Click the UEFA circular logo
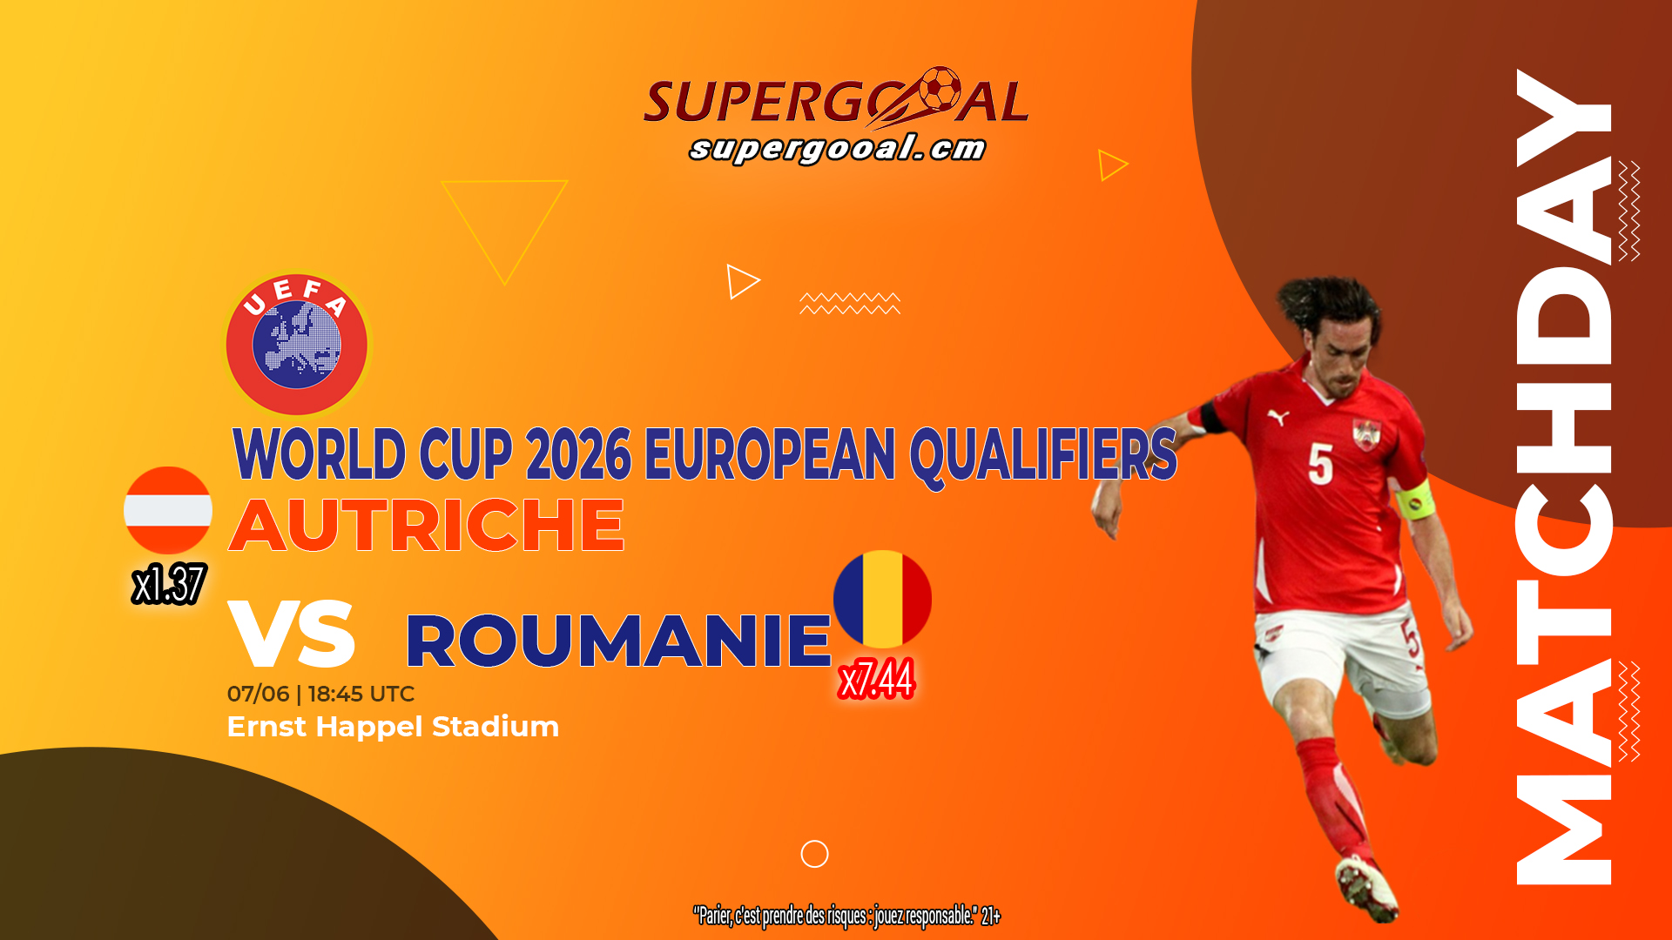tap(297, 345)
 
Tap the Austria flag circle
tap(168, 511)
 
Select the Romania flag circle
tap(882, 599)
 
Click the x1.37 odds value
tap(169, 584)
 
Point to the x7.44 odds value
tap(876, 679)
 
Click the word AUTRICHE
tap(427, 526)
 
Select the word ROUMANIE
tap(618, 641)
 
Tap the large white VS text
tap(292, 634)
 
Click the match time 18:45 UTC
tap(361, 694)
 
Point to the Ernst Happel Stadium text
tap(393, 727)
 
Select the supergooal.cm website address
tap(837, 148)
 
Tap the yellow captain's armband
tap(1415, 499)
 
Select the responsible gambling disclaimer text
tap(846, 916)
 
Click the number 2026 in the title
tap(578, 453)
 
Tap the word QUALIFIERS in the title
tap(1043, 455)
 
